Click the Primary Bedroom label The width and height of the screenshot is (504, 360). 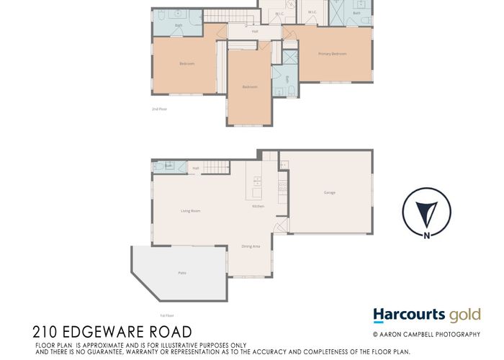(333, 54)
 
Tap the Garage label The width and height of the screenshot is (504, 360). (329, 192)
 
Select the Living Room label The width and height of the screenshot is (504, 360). (190, 211)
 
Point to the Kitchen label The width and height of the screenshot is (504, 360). (258, 207)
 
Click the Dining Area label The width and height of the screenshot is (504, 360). (251, 246)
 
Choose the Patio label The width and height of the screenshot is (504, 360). (181, 273)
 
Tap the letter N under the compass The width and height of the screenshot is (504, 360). (428, 235)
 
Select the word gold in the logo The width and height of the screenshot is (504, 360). (464, 315)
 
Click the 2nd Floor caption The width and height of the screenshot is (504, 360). (159, 109)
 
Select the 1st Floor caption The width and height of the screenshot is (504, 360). (167, 315)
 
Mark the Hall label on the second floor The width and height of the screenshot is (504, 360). (255, 32)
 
